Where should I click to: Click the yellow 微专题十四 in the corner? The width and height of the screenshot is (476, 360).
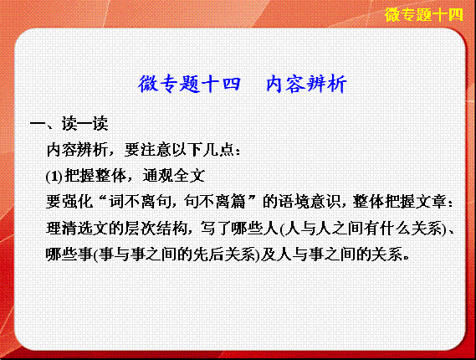point(424,14)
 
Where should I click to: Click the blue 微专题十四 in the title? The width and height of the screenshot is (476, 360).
point(189,84)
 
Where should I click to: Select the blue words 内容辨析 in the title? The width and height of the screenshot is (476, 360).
point(307,84)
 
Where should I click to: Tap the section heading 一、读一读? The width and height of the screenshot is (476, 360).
point(69,123)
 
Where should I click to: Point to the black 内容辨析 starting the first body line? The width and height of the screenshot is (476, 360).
point(77,150)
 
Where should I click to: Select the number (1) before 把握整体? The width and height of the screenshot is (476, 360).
point(54,176)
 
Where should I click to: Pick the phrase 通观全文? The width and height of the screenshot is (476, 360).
point(174,176)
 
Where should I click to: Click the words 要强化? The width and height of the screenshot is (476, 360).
point(69,202)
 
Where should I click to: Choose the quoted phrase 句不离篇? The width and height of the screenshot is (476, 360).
point(215,202)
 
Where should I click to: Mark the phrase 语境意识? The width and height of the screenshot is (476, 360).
point(310,202)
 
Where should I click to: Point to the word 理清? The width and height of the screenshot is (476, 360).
point(62,229)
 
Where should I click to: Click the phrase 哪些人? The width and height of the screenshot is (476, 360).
point(254,229)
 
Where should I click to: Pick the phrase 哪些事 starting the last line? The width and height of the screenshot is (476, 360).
point(69,255)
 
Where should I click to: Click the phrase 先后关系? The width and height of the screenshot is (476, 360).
point(226,255)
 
